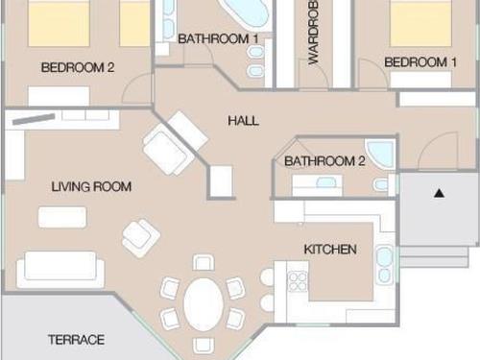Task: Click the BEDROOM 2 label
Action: (78, 67)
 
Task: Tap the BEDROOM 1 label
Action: (420, 62)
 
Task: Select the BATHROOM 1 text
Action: (218, 39)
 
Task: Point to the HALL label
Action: (243, 121)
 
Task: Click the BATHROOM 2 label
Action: (324, 161)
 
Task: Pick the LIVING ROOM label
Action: (91, 186)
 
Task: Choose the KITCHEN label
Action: (330, 250)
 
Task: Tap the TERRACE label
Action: (76, 340)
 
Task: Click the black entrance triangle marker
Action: (440, 193)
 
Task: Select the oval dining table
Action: (204, 304)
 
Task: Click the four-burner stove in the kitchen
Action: (298, 281)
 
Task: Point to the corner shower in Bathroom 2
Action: (381, 154)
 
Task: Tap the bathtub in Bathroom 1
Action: (247, 12)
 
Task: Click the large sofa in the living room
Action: (60, 269)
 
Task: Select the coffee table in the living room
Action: (62, 217)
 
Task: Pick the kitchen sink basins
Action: (384, 265)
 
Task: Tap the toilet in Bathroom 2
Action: (380, 185)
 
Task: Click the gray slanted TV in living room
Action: (34, 119)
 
